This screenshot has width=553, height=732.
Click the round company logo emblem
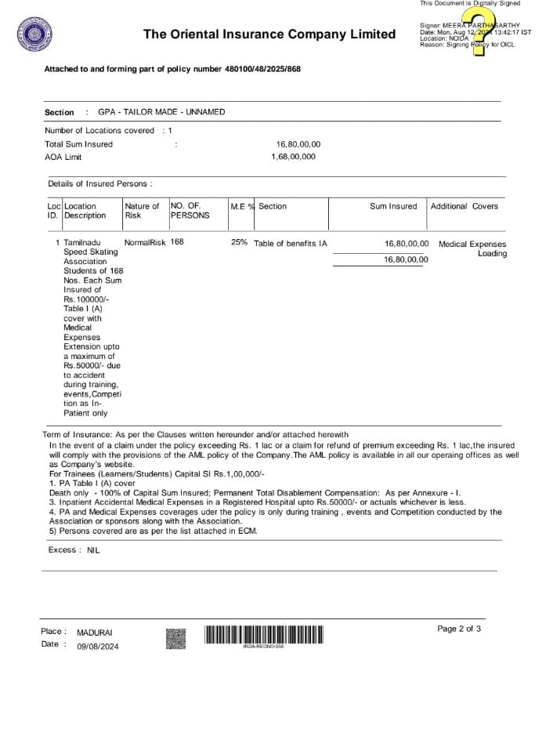[34, 34]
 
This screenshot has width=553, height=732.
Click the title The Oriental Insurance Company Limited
[269, 34]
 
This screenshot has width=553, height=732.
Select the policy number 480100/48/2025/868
[262, 69]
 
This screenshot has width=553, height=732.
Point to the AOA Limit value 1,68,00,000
[293, 157]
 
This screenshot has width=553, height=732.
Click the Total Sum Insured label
[78, 144]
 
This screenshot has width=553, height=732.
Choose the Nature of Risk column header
[142, 211]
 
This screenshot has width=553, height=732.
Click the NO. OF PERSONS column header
[190, 211]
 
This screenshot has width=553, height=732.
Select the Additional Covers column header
[464, 206]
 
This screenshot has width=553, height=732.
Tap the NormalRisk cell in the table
[145, 243]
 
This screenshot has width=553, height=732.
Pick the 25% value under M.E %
[239, 243]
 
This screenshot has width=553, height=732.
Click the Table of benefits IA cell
[291, 244]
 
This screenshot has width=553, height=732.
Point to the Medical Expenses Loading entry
[472, 248]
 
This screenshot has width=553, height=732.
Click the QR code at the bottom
[176, 639]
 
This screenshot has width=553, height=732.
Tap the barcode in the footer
[263, 634]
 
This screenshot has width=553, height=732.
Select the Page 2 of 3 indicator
[459, 629]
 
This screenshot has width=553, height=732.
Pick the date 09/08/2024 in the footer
[98, 647]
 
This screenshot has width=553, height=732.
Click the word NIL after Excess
[93, 550]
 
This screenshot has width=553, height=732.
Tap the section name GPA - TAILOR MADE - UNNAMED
[161, 112]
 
